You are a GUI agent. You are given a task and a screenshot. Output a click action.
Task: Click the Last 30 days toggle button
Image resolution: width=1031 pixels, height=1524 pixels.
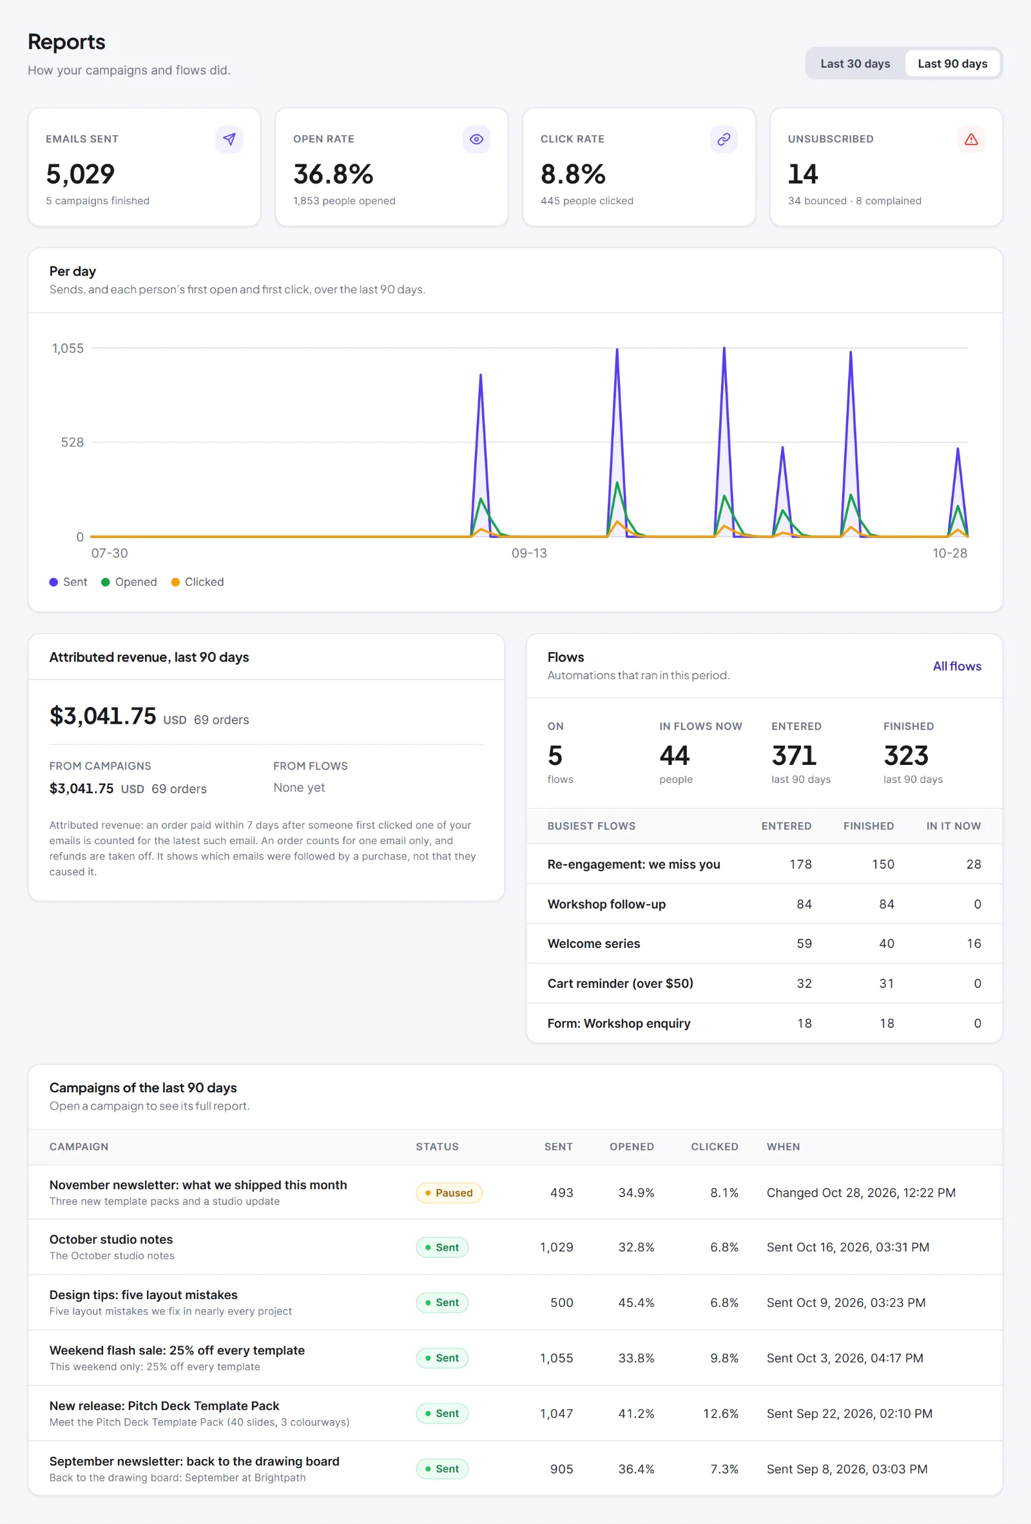point(854,64)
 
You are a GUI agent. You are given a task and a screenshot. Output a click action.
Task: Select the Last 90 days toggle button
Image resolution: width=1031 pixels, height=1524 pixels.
point(952,64)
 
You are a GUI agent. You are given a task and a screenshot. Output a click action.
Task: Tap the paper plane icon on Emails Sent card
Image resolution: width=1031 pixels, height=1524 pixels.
point(229,139)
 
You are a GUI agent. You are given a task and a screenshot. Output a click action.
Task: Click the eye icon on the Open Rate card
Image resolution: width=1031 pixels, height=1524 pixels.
point(476,139)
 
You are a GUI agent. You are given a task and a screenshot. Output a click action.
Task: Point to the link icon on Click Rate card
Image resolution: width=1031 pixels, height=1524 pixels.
point(724,139)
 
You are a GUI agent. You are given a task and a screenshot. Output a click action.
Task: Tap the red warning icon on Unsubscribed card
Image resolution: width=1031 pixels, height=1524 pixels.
point(970,139)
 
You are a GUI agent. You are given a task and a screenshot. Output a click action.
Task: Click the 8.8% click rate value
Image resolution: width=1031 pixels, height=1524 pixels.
point(573,175)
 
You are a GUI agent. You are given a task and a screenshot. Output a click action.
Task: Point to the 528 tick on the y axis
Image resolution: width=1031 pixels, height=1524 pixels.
point(72,443)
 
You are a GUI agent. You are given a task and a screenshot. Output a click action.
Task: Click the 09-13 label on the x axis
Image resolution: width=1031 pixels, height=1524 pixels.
point(528,553)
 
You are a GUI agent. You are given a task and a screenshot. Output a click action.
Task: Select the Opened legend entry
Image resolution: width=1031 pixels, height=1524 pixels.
point(130,582)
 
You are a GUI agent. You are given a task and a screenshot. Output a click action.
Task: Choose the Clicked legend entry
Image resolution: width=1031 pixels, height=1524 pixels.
point(197,582)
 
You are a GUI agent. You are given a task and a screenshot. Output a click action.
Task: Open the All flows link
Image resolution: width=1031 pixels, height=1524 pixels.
point(957,666)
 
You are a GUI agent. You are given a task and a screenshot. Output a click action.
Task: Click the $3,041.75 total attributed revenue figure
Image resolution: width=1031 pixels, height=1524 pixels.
point(103,716)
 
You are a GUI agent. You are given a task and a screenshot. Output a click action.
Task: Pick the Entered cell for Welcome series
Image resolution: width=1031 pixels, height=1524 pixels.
point(804,943)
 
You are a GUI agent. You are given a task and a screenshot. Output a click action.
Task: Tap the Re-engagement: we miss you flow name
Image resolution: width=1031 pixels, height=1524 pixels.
point(633,864)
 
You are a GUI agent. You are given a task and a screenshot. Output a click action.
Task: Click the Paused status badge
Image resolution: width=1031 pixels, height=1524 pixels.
point(448,1193)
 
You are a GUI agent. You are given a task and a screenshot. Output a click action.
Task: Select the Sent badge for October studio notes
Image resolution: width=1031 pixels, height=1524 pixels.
point(442,1248)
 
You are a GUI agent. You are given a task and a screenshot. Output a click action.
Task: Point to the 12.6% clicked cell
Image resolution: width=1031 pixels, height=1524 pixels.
point(720,1413)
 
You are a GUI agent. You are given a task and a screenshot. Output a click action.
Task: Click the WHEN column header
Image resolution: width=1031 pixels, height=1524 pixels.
point(783,1146)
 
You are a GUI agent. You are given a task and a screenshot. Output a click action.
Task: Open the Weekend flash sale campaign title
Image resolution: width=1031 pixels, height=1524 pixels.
point(177,1350)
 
